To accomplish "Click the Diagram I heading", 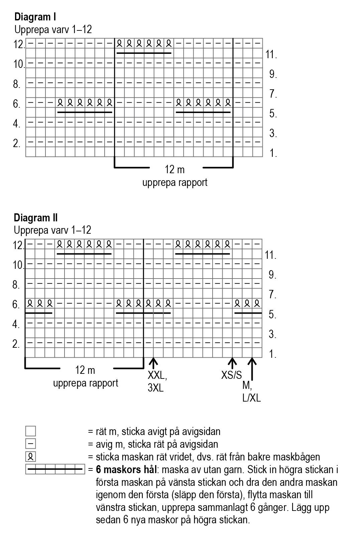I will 35,16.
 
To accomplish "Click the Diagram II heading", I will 36,218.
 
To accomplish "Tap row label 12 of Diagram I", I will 19,44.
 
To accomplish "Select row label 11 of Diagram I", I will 271,55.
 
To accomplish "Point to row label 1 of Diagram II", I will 273,354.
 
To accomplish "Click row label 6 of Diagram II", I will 16,305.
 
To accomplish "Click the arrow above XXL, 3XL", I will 153,363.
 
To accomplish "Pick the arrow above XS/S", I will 232,363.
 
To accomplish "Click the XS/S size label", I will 231,375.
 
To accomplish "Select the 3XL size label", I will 155,388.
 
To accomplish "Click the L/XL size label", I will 251,398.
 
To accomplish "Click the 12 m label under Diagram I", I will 174,170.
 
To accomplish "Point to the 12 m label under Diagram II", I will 85,370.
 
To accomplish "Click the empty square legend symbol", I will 30,431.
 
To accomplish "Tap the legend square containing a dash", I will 30,444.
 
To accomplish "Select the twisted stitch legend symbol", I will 30,457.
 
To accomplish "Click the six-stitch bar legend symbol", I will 55,469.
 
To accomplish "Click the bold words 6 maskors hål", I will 126,470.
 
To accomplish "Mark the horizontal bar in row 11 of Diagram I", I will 144,53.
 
